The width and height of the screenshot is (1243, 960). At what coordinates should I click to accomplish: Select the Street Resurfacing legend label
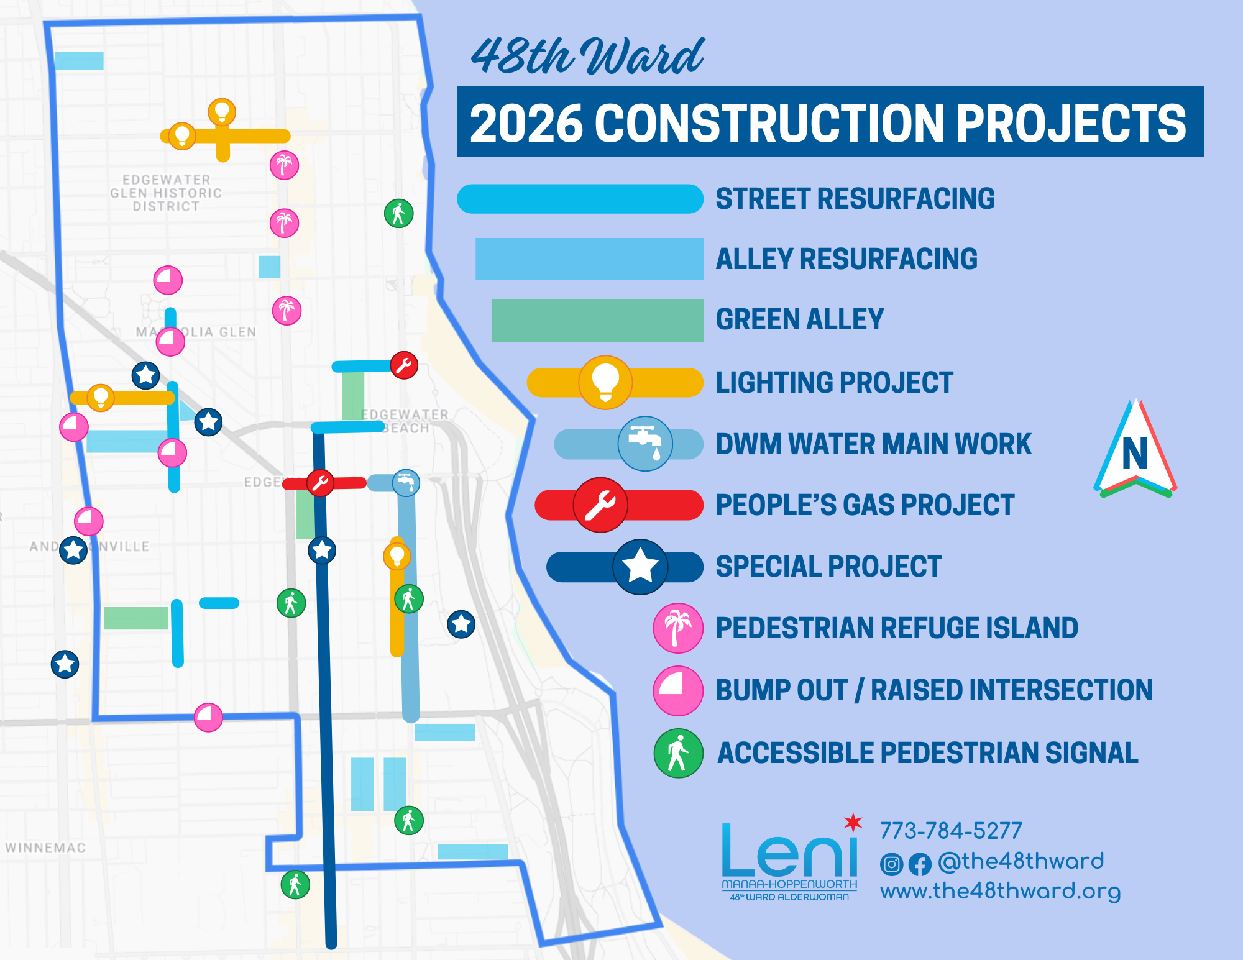[x=855, y=199]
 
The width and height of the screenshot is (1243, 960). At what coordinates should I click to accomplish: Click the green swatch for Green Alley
[x=597, y=320]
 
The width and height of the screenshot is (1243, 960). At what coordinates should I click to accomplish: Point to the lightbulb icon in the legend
[x=605, y=382]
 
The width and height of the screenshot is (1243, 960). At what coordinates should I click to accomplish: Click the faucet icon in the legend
[x=645, y=443]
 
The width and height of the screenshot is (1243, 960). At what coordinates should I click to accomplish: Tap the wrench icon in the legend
[x=600, y=505]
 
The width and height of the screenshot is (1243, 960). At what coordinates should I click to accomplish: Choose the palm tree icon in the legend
[x=678, y=628]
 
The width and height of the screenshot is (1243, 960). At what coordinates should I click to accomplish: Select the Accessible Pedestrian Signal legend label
[x=927, y=752]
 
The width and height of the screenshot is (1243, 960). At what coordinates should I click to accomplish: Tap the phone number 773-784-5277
[x=951, y=831]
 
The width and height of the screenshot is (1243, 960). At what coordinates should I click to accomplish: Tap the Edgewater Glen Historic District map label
[x=166, y=193]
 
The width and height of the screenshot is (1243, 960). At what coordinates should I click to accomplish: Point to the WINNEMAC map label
[x=45, y=848]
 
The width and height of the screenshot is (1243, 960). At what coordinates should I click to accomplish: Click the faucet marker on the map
[x=406, y=482]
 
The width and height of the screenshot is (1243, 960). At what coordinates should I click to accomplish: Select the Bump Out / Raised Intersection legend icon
[x=678, y=690]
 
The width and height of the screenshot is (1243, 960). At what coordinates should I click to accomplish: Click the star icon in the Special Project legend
[x=640, y=566]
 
